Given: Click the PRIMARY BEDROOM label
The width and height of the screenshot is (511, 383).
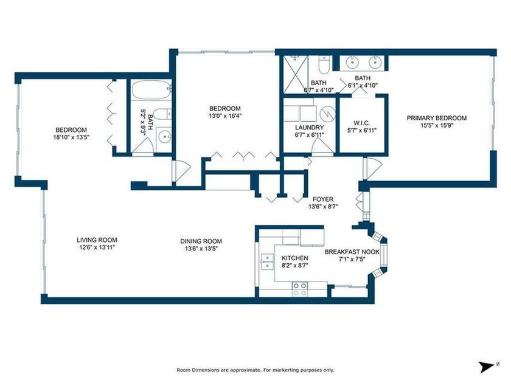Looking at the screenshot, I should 436,118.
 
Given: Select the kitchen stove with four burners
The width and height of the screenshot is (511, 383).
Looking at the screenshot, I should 299,289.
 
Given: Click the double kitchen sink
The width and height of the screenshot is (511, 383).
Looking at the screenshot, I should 266,261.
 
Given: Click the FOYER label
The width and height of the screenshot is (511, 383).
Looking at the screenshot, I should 323,199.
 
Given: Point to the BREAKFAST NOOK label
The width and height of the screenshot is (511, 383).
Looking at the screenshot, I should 352,252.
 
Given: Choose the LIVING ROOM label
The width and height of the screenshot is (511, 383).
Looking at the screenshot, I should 97,240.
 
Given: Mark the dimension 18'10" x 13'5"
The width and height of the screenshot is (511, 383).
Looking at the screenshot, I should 71,137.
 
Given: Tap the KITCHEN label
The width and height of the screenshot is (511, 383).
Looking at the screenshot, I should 291,258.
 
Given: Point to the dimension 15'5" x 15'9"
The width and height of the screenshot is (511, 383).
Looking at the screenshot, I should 436,126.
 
